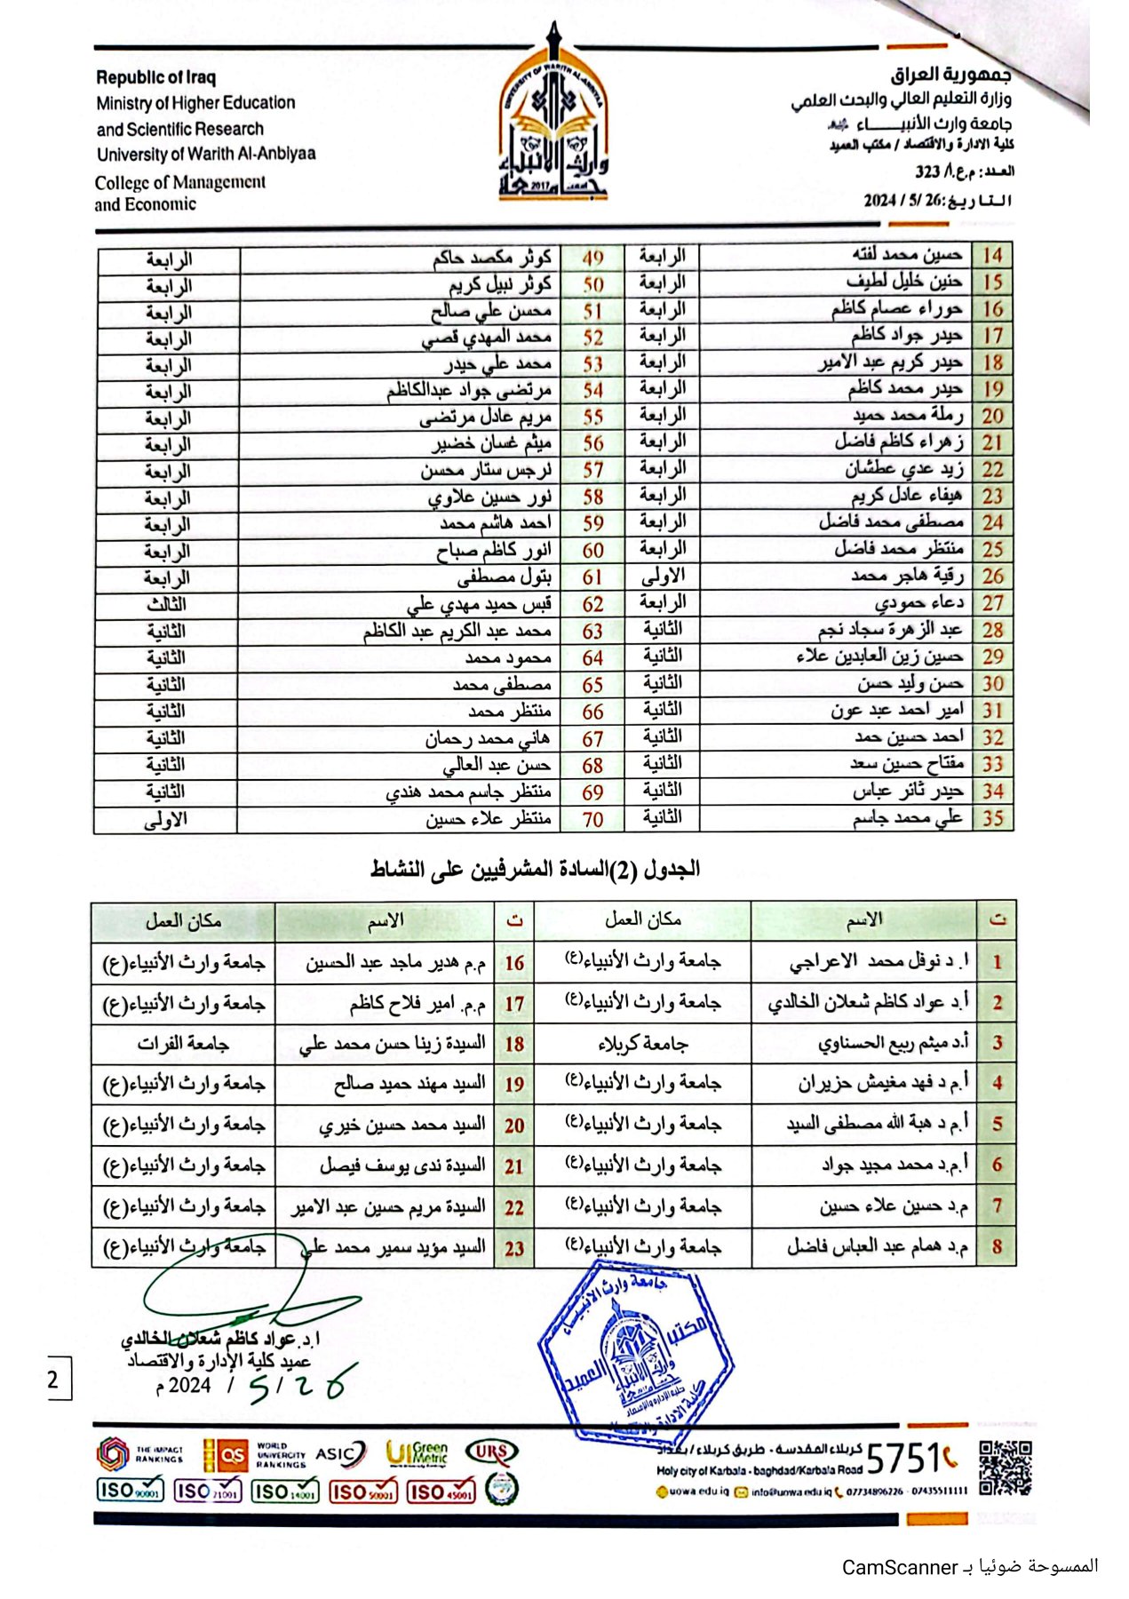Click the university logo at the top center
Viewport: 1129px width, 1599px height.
[x=553, y=115]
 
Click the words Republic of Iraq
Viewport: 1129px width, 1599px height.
[x=155, y=77]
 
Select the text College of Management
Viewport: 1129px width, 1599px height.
[x=180, y=182]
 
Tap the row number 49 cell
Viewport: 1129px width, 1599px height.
[x=592, y=259]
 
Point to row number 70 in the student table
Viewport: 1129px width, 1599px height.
[x=592, y=819]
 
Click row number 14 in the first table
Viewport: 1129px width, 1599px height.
[x=992, y=256]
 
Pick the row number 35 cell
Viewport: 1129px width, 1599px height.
[x=992, y=818]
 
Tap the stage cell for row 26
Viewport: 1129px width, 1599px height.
[x=663, y=577]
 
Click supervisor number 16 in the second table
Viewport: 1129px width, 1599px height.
[x=514, y=963]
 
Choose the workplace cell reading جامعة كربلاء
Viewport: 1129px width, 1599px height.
[x=642, y=1044]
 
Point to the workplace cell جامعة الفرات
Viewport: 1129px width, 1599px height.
[x=183, y=1044]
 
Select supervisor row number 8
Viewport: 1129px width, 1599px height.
[x=997, y=1247]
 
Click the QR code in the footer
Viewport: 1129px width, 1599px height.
[x=1006, y=1468]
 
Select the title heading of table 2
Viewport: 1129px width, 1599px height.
[x=535, y=869]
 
